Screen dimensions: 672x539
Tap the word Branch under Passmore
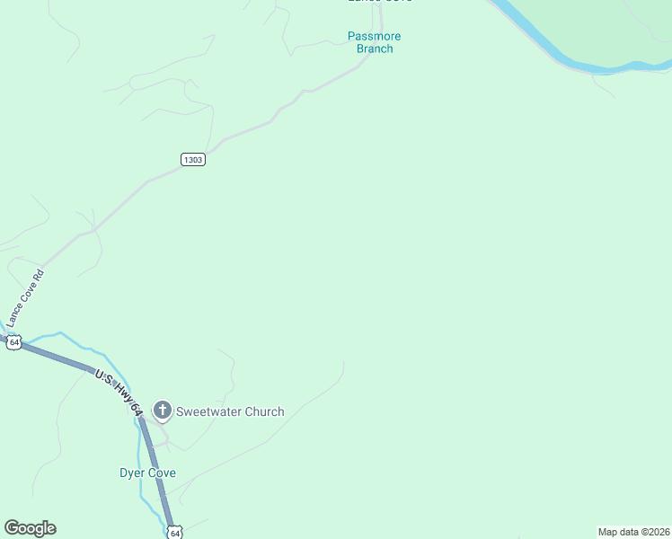[375, 49]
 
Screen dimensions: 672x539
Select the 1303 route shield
[193, 159]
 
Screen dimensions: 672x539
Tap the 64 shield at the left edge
[13, 342]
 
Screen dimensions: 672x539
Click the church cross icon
[163, 411]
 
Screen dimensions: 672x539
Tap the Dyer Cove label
[147, 473]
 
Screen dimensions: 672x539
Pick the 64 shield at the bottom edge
[175, 533]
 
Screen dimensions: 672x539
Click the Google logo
[30, 528]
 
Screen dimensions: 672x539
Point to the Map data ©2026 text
[633, 532]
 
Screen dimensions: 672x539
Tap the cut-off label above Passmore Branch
[380, 2]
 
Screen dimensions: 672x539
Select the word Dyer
[133, 473]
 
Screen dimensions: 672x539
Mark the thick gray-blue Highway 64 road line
[63, 358]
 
